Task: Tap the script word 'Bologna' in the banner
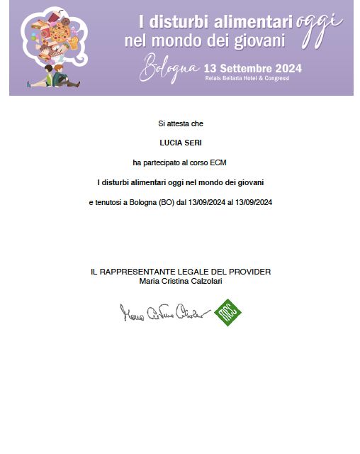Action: click(169, 68)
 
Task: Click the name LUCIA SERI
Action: click(180, 143)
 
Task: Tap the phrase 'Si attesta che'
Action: click(180, 123)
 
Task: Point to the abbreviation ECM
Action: click(218, 162)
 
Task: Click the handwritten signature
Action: click(165, 312)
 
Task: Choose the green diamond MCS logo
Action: click(228, 311)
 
